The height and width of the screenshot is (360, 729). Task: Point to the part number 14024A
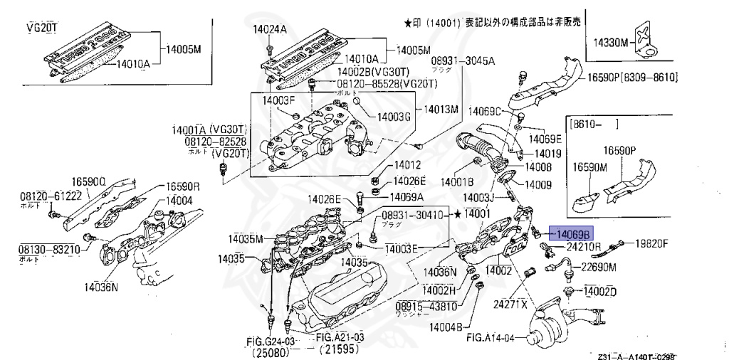point(269,30)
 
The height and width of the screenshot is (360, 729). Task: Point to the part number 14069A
point(407,196)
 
